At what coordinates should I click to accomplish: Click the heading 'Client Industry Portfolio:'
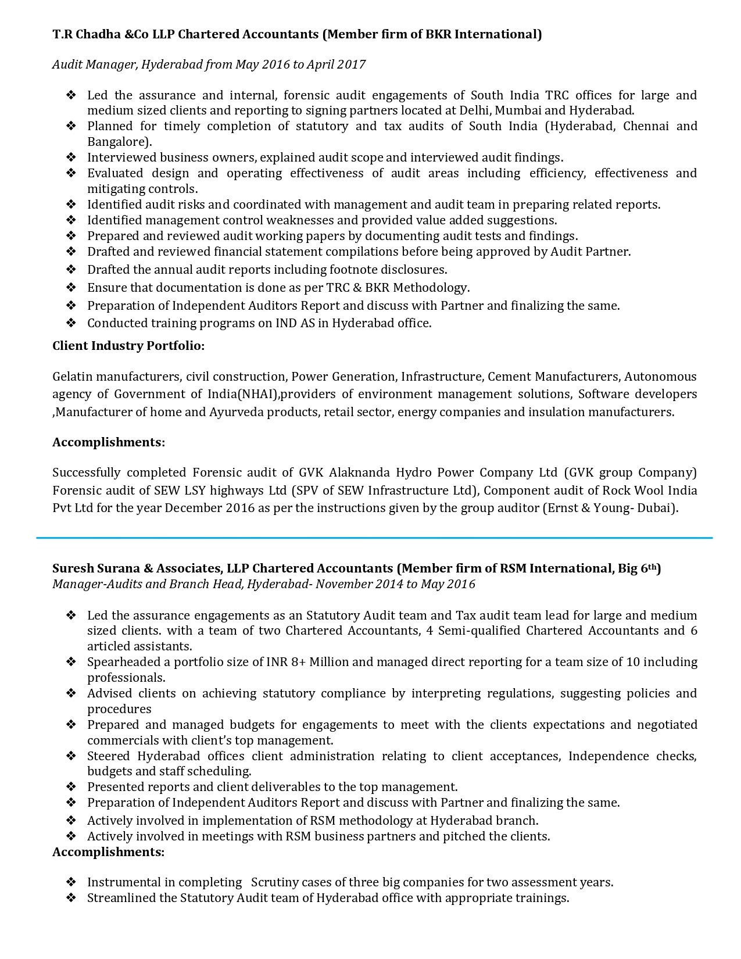click(x=128, y=346)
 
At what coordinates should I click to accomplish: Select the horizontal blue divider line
click(x=374, y=538)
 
